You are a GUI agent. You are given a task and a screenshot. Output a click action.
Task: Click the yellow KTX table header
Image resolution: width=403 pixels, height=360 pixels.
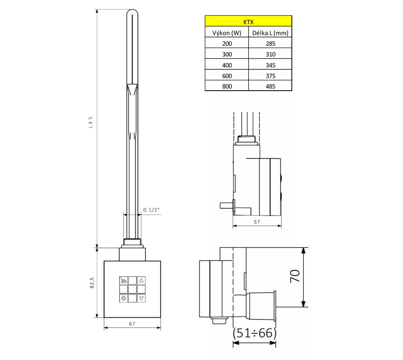pos(248,21)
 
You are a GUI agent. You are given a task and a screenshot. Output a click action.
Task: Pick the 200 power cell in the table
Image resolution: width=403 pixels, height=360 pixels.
pos(227,43)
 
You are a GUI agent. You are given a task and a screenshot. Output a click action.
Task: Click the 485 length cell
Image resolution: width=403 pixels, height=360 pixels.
pos(270,87)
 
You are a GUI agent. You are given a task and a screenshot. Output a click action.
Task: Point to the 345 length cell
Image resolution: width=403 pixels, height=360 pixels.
pos(270,65)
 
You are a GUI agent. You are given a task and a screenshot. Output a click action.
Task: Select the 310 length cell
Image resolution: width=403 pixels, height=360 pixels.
pos(270,54)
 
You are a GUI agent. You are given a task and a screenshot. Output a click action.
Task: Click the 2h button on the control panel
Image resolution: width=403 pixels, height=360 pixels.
pos(123,280)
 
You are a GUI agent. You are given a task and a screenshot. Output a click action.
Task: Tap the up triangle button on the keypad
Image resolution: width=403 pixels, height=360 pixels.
pos(141,280)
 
